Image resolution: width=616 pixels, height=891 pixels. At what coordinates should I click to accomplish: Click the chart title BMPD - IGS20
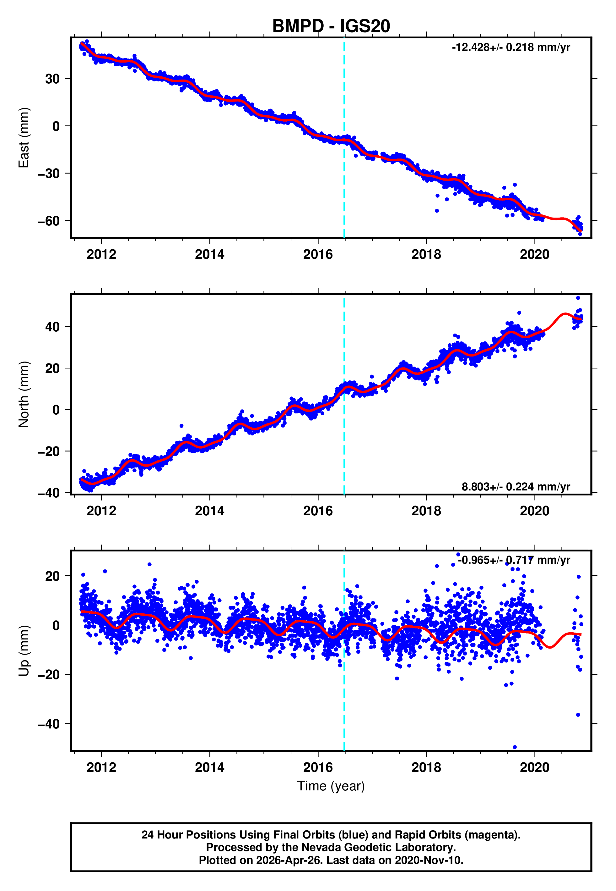point(331,26)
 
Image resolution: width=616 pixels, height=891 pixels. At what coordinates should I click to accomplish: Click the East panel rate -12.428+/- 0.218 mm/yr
point(511,47)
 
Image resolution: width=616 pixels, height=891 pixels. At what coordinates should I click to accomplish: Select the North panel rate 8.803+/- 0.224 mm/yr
point(516,486)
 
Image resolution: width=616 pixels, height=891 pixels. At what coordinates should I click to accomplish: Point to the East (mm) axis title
point(24,138)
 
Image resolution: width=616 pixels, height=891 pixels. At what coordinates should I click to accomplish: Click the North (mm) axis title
point(24,394)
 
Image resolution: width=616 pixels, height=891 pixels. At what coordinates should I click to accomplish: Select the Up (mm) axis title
point(24,651)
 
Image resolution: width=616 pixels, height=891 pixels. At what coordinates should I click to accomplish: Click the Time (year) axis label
point(331,786)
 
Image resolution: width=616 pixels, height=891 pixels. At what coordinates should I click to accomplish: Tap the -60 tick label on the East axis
point(49,221)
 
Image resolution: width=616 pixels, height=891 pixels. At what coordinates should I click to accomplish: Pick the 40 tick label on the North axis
point(52,327)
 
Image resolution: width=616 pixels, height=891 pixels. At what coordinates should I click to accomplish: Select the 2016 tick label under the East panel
point(318,254)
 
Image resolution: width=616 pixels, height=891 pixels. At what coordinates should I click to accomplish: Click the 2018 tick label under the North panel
point(426,511)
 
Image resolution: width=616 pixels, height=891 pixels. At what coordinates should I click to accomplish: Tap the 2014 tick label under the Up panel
point(210,767)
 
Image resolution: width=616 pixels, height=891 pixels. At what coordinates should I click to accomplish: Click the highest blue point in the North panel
point(578,298)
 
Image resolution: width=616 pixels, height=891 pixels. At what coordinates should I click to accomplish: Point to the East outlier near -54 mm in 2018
point(437,211)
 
